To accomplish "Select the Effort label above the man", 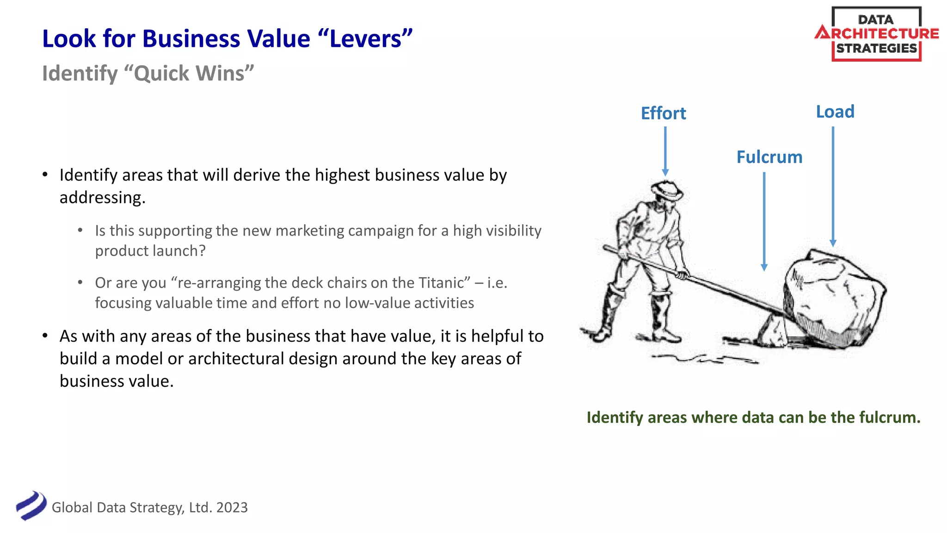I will tap(663, 113).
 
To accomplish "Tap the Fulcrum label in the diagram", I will tap(769, 157).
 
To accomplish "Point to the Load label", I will tap(835, 112).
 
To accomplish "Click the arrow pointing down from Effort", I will tap(665, 151).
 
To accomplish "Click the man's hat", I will tap(666, 190).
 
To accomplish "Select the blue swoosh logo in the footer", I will tap(31, 506).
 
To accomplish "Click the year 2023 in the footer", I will tap(232, 508).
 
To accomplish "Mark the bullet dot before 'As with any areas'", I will tap(45, 335).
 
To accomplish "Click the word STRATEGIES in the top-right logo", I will tap(876, 49).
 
